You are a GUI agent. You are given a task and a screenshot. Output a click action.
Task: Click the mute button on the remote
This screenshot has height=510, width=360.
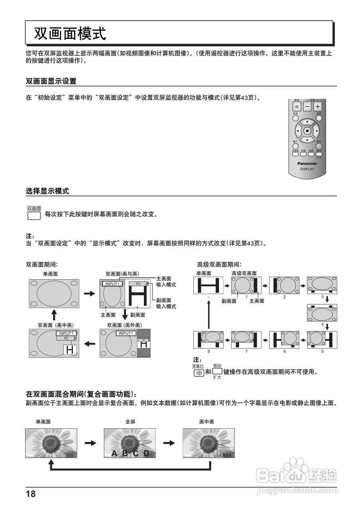click(x=296, y=107)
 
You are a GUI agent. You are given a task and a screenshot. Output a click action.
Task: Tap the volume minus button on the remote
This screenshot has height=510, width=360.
click(x=307, y=107)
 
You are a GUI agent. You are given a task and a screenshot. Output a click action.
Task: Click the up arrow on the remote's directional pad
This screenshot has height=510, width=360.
click(x=307, y=121)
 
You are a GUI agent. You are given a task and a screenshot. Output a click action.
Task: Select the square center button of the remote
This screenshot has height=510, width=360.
click(x=307, y=130)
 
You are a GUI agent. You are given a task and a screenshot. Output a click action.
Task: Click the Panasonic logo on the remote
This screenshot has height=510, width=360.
click(x=307, y=163)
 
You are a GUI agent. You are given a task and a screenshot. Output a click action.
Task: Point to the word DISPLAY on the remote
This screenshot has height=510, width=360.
click(x=307, y=169)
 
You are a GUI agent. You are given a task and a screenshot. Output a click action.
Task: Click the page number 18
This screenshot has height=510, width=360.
click(x=31, y=494)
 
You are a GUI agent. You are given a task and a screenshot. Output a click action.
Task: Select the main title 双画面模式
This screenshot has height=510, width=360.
click(x=70, y=34)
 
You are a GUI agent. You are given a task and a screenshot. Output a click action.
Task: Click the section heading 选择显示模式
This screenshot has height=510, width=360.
click(x=47, y=191)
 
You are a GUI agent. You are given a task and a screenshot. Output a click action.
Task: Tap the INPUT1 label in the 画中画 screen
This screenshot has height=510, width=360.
click(x=66, y=333)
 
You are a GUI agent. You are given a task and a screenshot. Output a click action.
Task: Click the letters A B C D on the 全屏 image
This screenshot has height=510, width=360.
click(x=130, y=453)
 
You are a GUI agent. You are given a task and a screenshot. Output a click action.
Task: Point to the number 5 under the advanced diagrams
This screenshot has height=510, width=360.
click(x=323, y=351)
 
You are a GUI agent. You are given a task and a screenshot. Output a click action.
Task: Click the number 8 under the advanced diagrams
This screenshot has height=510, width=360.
click(x=208, y=351)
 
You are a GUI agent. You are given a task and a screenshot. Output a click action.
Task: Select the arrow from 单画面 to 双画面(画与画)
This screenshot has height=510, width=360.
click(x=90, y=293)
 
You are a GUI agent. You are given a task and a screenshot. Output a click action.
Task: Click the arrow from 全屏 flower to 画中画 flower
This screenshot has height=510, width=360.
click(x=169, y=443)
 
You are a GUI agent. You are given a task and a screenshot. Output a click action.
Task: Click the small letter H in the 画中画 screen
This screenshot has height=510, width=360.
click(x=69, y=350)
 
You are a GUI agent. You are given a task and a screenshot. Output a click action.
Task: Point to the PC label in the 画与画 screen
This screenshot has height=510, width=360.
click(x=138, y=284)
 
